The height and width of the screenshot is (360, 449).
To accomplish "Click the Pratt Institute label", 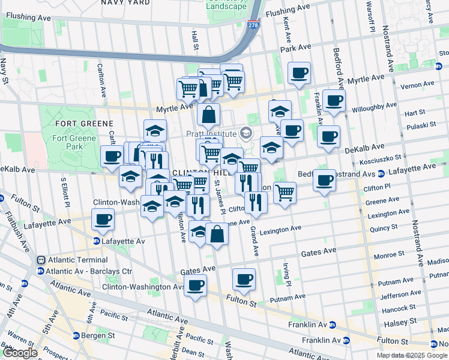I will [x=211, y=132].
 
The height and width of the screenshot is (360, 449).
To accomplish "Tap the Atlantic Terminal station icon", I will [x=41, y=260].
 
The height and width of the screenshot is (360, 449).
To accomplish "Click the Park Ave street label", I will [x=297, y=47].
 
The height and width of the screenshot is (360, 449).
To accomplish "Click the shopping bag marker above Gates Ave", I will [x=217, y=233].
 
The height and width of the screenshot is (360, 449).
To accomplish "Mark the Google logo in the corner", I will [x=19, y=353].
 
